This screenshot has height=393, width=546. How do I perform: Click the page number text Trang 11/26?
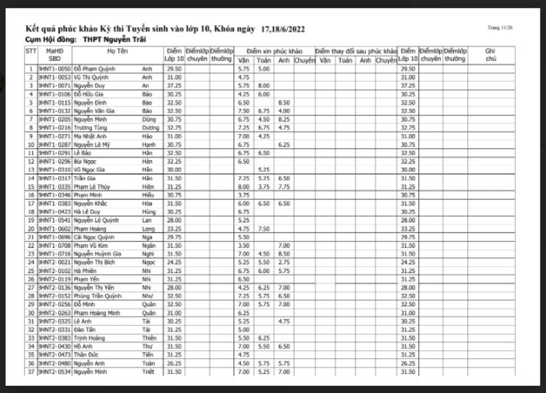500,28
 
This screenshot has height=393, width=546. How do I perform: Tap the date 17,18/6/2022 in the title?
283,29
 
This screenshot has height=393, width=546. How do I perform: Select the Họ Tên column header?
117,51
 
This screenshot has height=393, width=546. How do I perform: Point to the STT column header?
31,51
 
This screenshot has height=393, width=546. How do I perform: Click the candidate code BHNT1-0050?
55,69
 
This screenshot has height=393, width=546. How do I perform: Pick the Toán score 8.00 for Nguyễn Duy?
263,86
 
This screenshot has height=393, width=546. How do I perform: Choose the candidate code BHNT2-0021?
55,263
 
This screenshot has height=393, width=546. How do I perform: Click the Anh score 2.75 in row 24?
284,263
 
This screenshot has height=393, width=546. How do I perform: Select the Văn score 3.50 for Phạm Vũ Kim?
244,245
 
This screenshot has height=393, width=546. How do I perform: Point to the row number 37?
31,372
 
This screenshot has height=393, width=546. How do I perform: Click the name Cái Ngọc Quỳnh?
94,237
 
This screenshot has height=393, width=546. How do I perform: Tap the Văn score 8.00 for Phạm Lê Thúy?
244,187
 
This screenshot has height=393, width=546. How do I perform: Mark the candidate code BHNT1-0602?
55,229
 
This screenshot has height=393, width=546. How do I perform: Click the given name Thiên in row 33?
149,338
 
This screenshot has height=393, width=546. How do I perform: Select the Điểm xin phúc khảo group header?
274,51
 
